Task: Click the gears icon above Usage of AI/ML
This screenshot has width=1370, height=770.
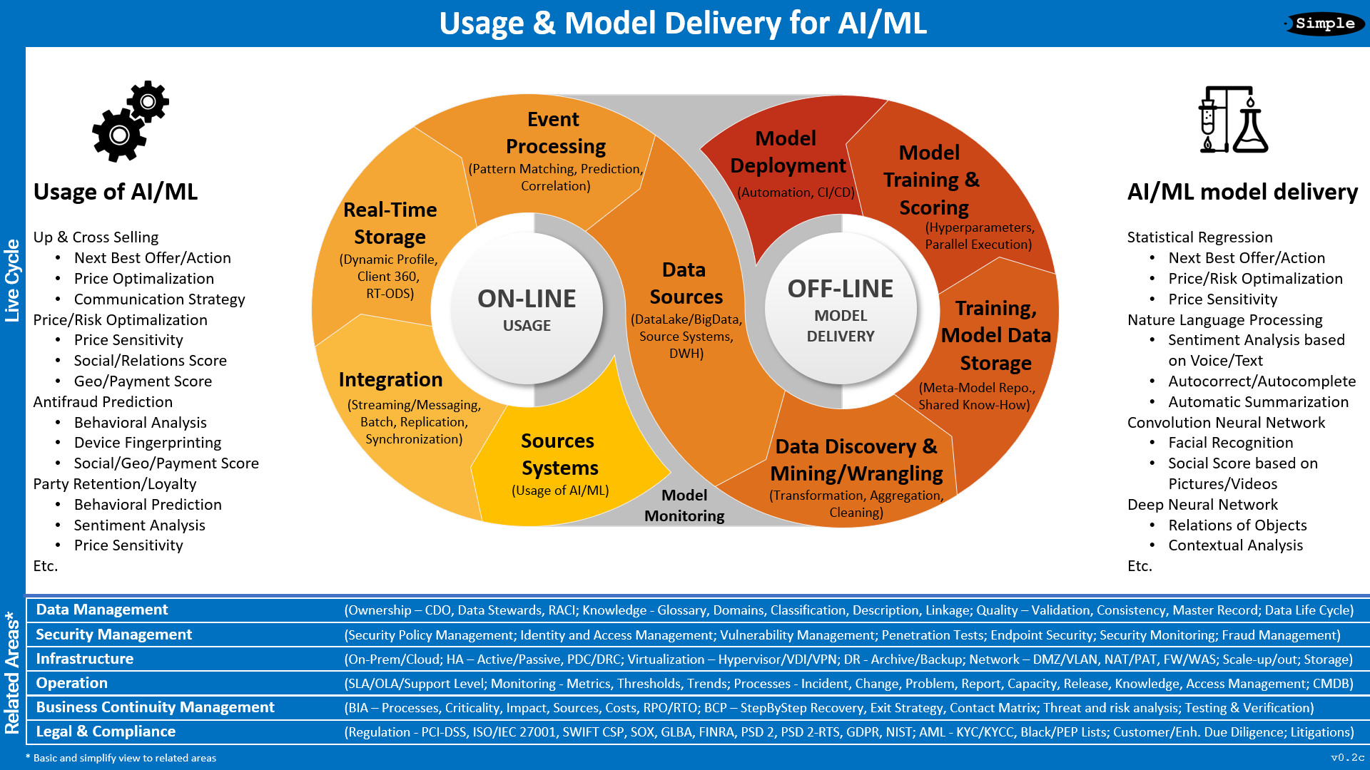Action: pos(130,121)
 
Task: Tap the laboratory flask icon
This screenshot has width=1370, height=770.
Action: pos(1233,120)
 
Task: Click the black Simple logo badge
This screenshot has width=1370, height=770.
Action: pos(1324,24)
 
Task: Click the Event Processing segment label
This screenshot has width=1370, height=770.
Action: pos(554,133)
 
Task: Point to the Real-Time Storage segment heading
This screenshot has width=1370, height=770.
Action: pos(390,223)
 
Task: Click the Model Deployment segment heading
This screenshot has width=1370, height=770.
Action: pos(787,152)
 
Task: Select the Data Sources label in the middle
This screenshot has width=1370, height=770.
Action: pos(686,283)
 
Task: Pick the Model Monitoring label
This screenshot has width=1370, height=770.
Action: pos(684,505)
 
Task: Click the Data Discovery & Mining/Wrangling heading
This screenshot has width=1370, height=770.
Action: pos(856,460)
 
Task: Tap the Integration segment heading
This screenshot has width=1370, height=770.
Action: pos(390,379)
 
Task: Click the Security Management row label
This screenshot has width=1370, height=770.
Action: pos(114,635)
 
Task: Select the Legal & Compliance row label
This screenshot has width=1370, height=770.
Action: pos(106,731)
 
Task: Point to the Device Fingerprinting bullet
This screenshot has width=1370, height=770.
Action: pos(148,443)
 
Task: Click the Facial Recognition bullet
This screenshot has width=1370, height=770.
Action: pos(1230,443)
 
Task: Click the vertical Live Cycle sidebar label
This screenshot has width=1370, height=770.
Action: pos(12,280)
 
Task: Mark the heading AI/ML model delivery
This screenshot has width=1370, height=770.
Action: pos(1242,192)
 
